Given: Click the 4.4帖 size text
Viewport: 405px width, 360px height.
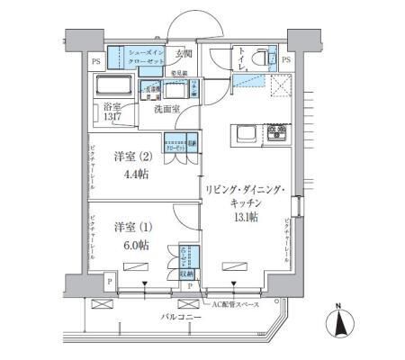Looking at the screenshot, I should coord(125,173).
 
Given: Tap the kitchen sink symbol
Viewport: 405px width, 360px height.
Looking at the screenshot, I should coord(246,135).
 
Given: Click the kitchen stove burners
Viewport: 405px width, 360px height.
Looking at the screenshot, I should coord(277,135).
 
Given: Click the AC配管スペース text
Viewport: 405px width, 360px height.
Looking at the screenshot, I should coord(236,304).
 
